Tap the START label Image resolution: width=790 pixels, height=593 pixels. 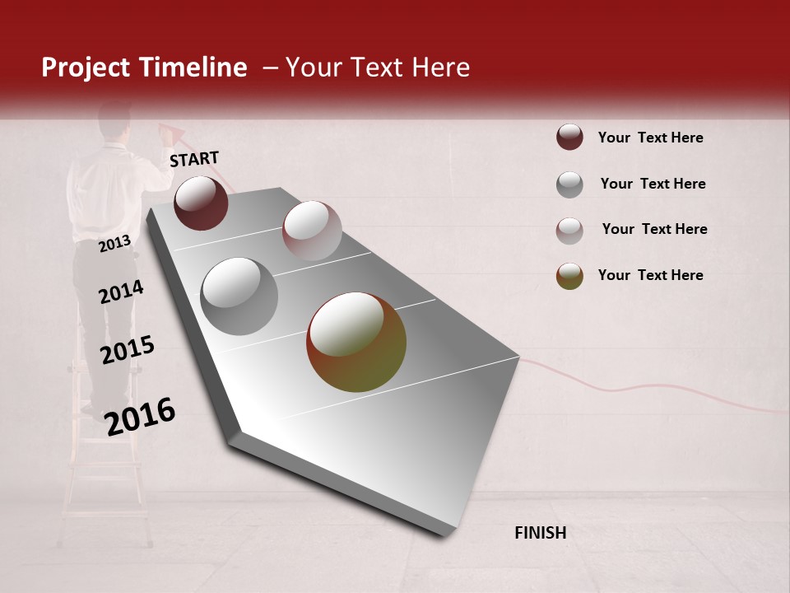[x=194, y=158]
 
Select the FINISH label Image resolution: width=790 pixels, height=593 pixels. [x=540, y=533]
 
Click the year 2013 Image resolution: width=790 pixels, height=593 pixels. [x=114, y=243]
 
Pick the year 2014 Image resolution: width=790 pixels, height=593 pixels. [x=121, y=292]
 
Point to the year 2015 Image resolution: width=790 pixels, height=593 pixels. [x=128, y=350]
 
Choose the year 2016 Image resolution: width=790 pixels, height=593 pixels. [x=140, y=416]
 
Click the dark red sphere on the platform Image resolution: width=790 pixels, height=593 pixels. [x=201, y=203]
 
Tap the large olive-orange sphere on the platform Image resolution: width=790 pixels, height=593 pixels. [x=356, y=342]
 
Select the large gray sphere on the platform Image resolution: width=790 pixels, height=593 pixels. [x=239, y=296]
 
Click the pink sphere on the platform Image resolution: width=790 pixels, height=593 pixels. [x=312, y=231]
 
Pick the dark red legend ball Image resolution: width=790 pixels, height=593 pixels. [x=569, y=137]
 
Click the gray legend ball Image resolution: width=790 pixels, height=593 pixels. [x=569, y=184]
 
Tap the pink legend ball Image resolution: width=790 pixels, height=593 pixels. [x=569, y=231]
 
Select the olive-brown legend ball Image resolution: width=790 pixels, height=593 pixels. [x=569, y=276]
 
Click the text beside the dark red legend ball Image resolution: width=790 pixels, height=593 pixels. [x=650, y=138]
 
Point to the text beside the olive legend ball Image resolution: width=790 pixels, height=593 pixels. [x=650, y=275]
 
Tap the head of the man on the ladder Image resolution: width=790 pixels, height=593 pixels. [x=114, y=122]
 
